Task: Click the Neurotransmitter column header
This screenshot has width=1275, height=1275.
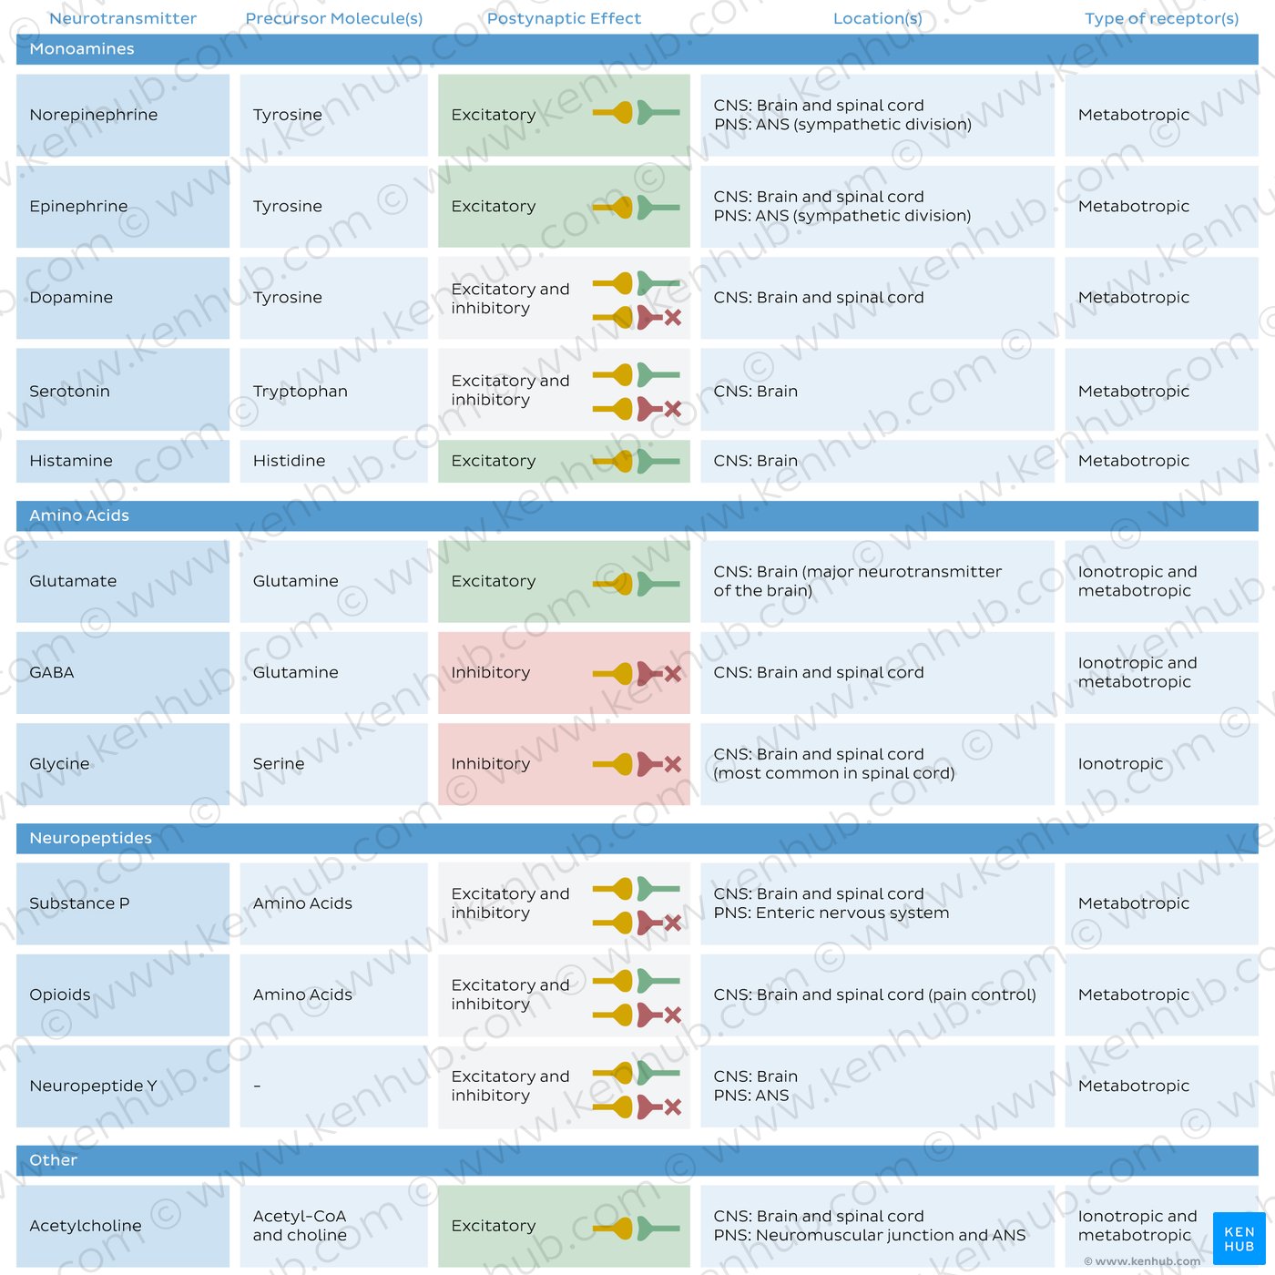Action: tap(122, 18)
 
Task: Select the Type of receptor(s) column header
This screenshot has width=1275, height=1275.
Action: tap(1161, 18)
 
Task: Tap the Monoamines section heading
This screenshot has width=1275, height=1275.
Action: tap(81, 49)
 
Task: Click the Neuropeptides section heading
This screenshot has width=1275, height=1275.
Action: tap(91, 838)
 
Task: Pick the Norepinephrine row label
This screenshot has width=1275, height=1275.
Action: tap(93, 115)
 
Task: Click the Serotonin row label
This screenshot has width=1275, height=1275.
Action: tap(69, 391)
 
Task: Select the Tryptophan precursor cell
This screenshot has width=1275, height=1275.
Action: tap(300, 392)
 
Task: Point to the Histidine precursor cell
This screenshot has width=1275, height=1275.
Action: tap(289, 461)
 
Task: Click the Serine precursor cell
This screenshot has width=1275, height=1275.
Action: tap(279, 763)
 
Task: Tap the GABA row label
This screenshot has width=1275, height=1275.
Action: tap(52, 672)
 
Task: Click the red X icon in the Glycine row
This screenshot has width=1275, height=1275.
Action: tap(673, 764)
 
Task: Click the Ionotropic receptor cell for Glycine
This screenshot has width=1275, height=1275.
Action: tap(1120, 763)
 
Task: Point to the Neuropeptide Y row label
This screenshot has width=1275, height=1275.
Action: tap(93, 1086)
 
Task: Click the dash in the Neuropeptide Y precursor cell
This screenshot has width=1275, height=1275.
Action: tap(257, 1086)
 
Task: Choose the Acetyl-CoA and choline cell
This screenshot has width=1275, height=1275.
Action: tap(300, 1226)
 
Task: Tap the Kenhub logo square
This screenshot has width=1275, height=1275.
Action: tap(1239, 1238)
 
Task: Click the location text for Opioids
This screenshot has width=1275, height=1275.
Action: tap(874, 994)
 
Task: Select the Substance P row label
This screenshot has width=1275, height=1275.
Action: tap(79, 903)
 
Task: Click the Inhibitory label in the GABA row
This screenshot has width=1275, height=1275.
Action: tap(490, 672)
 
